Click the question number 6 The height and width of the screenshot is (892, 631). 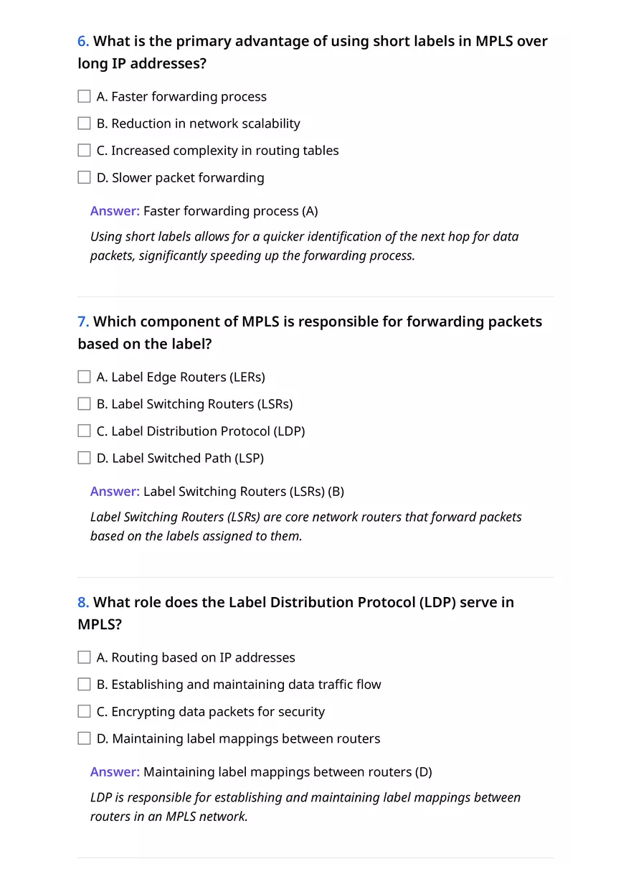tap(83, 42)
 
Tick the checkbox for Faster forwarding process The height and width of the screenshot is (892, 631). tap(84, 96)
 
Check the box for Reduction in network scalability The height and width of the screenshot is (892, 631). tap(84, 123)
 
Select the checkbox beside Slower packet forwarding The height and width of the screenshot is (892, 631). tap(84, 177)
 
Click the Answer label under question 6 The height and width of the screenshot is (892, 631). tap(115, 211)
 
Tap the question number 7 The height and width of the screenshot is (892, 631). tap(83, 321)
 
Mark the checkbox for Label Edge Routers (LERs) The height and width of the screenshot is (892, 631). tap(84, 377)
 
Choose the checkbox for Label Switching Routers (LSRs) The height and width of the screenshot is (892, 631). tap(84, 404)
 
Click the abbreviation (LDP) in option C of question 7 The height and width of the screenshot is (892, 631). tap(290, 431)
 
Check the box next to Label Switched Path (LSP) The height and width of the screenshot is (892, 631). tap(84, 458)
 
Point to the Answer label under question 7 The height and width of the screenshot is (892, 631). tap(115, 492)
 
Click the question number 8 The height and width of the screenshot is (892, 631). tap(83, 602)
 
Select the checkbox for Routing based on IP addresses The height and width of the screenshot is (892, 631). tap(84, 657)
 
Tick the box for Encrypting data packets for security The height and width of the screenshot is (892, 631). tap(84, 712)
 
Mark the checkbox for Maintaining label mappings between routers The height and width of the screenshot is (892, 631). tap(84, 738)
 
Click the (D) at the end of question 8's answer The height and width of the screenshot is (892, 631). tap(424, 772)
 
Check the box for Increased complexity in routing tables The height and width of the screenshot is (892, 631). tap(84, 151)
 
